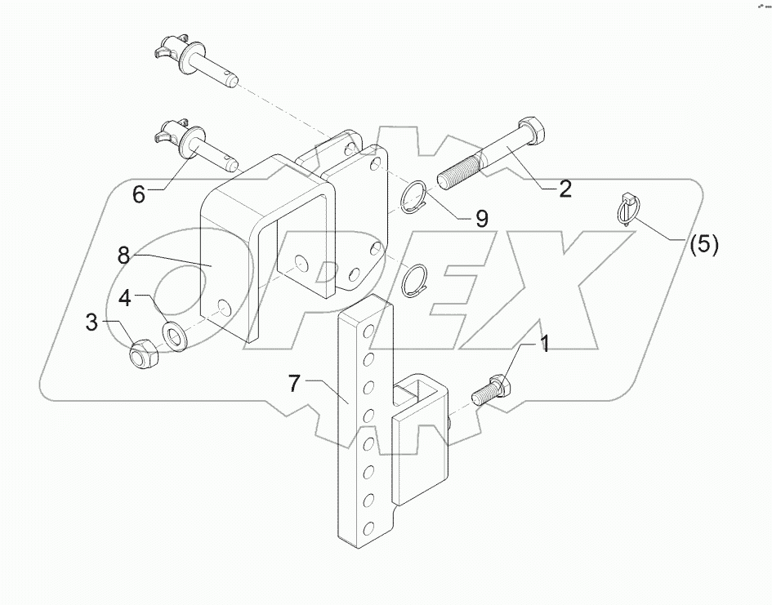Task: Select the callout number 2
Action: point(564,189)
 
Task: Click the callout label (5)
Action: point(703,244)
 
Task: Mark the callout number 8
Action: point(123,256)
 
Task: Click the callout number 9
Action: point(482,218)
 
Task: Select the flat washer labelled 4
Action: point(174,335)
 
